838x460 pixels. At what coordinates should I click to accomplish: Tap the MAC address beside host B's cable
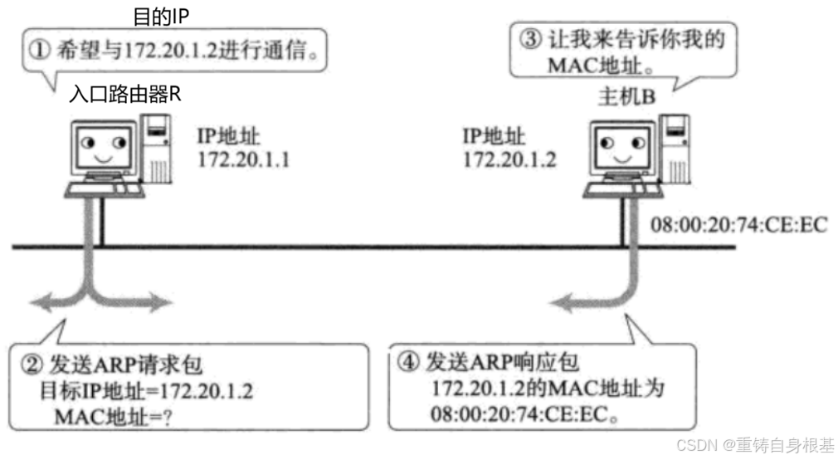pyautogui.click(x=740, y=225)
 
